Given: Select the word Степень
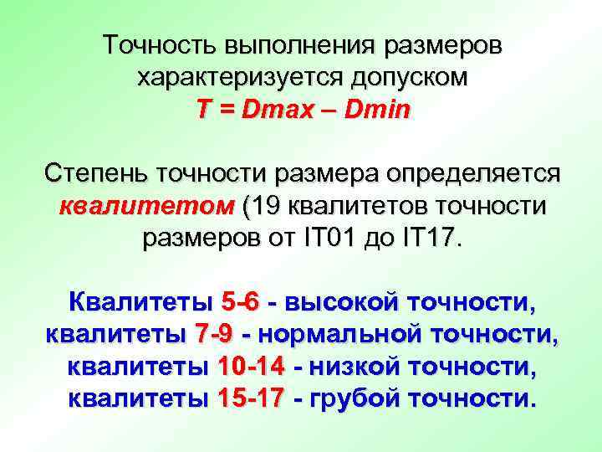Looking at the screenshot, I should point(94,174).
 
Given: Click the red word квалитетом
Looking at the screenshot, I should point(145,207).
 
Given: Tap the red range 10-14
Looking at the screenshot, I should point(250,367).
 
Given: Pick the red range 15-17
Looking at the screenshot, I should point(250,398).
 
